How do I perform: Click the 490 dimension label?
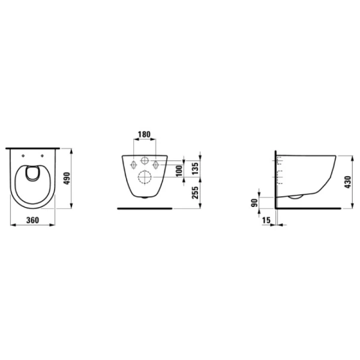[67, 178]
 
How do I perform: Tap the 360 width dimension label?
[32, 220]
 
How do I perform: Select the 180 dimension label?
[144, 134]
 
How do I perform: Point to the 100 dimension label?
[180, 170]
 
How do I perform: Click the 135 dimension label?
[195, 169]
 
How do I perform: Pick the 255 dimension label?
[195, 193]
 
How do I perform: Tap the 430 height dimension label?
[348, 182]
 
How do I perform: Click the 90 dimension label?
[255, 203]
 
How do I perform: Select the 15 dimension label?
[266, 220]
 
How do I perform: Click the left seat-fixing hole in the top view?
[23, 156]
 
